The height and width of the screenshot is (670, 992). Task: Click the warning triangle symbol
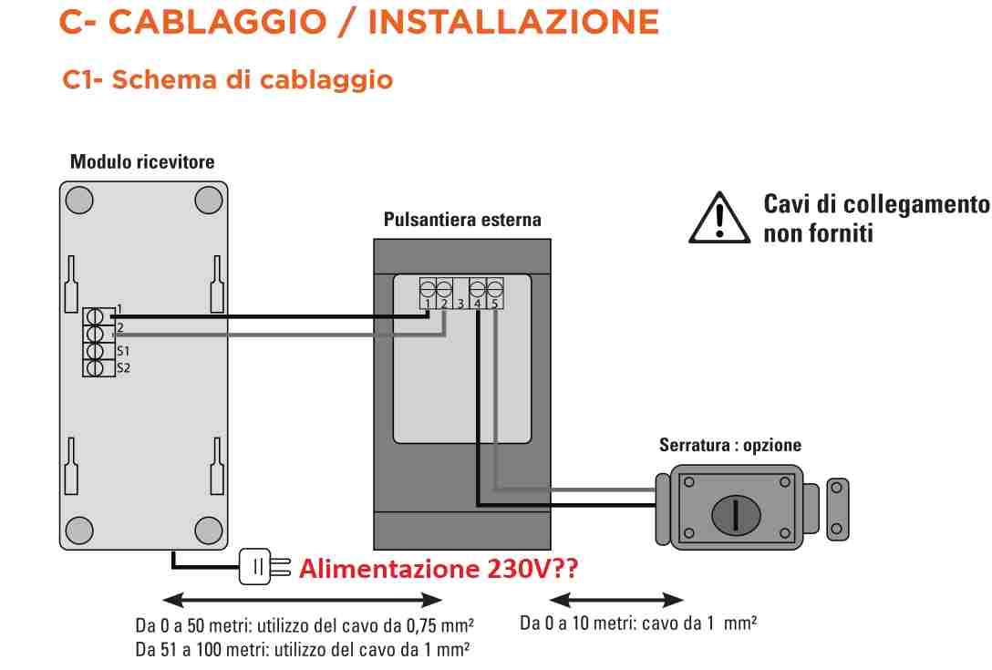tap(719, 218)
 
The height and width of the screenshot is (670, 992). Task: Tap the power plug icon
tap(263, 566)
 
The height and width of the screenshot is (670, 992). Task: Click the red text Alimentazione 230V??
tap(439, 569)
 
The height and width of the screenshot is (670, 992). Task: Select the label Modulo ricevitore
tap(142, 162)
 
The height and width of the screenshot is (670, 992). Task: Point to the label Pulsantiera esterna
tap(462, 220)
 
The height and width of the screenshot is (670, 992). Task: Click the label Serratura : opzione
tap(730, 445)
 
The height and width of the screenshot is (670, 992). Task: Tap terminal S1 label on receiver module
tap(123, 351)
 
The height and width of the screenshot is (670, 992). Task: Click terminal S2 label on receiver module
tap(123, 367)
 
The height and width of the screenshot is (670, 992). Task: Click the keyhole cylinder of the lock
tap(736, 514)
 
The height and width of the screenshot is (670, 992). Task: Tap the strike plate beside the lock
tap(838, 510)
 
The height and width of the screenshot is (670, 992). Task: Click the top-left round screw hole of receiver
tap(79, 200)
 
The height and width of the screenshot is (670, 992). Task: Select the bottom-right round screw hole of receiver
tap(209, 531)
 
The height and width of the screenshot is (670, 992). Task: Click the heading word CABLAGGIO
tap(218, 22)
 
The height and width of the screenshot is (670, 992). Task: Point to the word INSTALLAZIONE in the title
tap(513, 22)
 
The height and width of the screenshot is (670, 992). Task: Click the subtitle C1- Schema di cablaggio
tap(228, 80)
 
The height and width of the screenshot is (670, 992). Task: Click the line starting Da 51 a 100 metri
tap(303, 650)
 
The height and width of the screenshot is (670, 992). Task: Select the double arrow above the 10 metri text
tap(617, 600)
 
